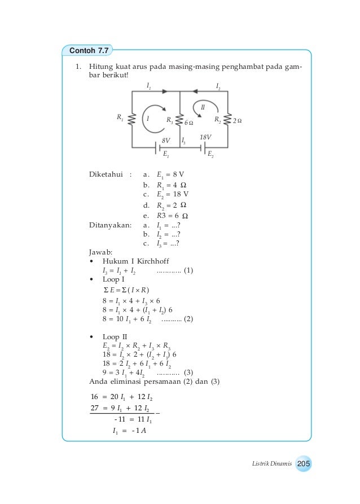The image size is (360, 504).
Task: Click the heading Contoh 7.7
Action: (89, 51)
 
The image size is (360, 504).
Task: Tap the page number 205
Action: (304, 464)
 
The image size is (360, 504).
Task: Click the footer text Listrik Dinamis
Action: (271, 464)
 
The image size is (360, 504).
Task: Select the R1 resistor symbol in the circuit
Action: (131, 120)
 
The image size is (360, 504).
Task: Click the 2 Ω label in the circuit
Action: (237, 121)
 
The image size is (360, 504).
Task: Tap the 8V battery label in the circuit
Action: (166, 139)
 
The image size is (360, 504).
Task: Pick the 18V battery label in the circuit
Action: (205, 137)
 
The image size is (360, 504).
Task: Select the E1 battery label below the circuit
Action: (166, 154)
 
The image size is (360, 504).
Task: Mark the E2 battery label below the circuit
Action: (210, 154)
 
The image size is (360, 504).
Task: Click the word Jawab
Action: (102, 252)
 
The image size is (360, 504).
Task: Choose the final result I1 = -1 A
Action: (129, 432)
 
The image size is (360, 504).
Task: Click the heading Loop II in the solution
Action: (115, 337)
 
